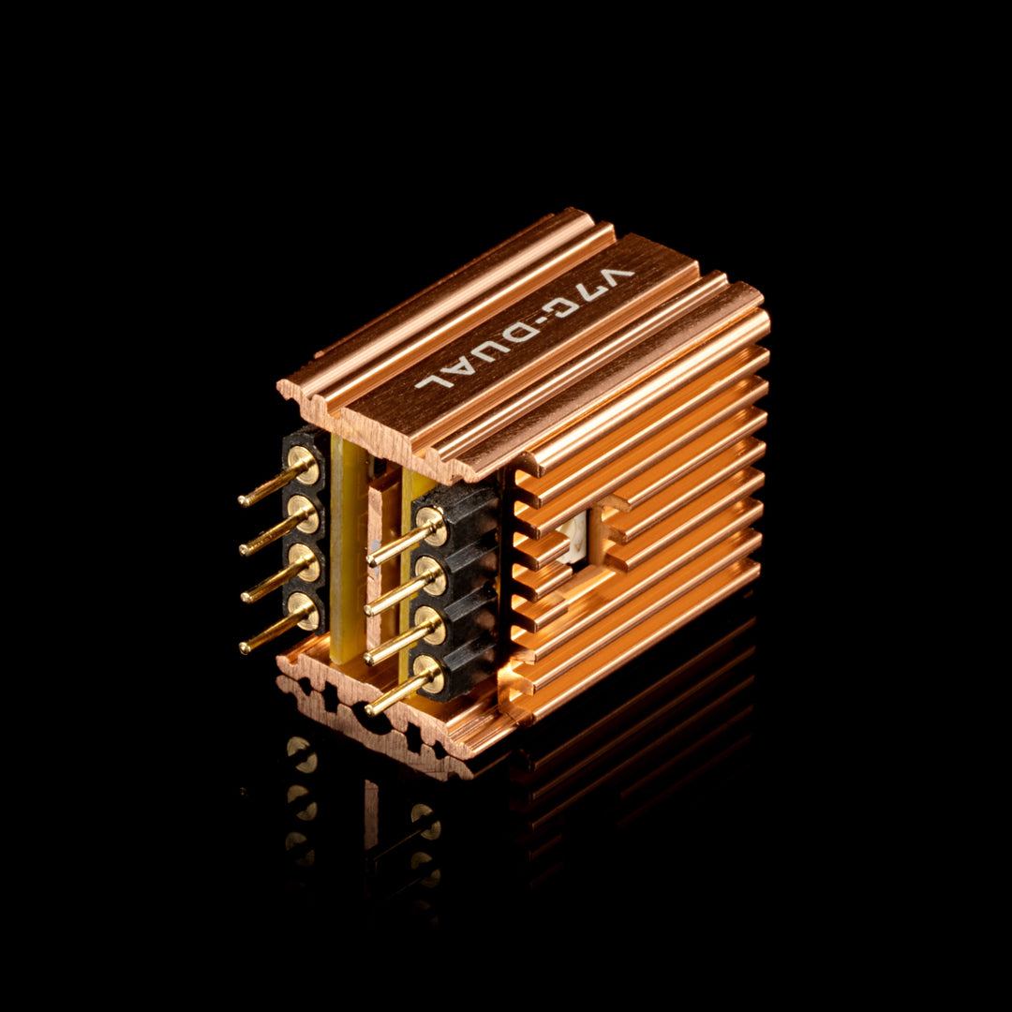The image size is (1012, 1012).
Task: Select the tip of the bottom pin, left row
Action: point(244,648)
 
